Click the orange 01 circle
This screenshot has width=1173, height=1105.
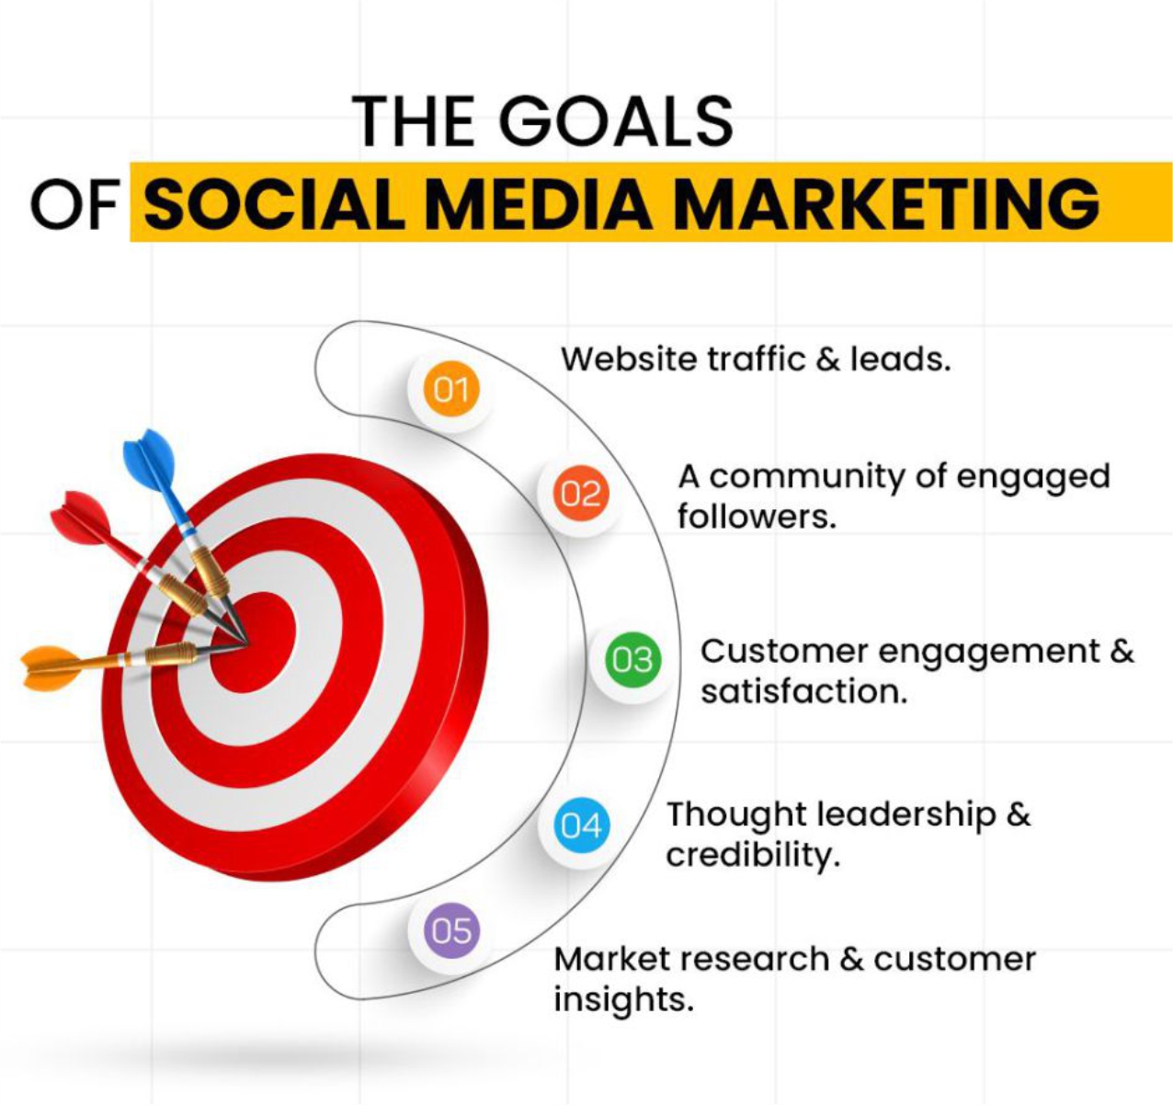(x=451, y=388)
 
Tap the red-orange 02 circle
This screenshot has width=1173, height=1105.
(x=581, y=493)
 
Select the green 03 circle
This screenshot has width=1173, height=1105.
(x=633, y=659)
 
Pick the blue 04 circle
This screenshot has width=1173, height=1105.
(x=582, y=825)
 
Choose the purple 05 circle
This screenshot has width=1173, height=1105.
(x=452, y=930)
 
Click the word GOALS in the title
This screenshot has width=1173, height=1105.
(x=616, y=121)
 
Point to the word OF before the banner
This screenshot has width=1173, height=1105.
(x=74, y=203)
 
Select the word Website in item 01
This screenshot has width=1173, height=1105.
(x=629, y=359)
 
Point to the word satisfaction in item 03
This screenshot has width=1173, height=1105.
(x=803, y=691)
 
